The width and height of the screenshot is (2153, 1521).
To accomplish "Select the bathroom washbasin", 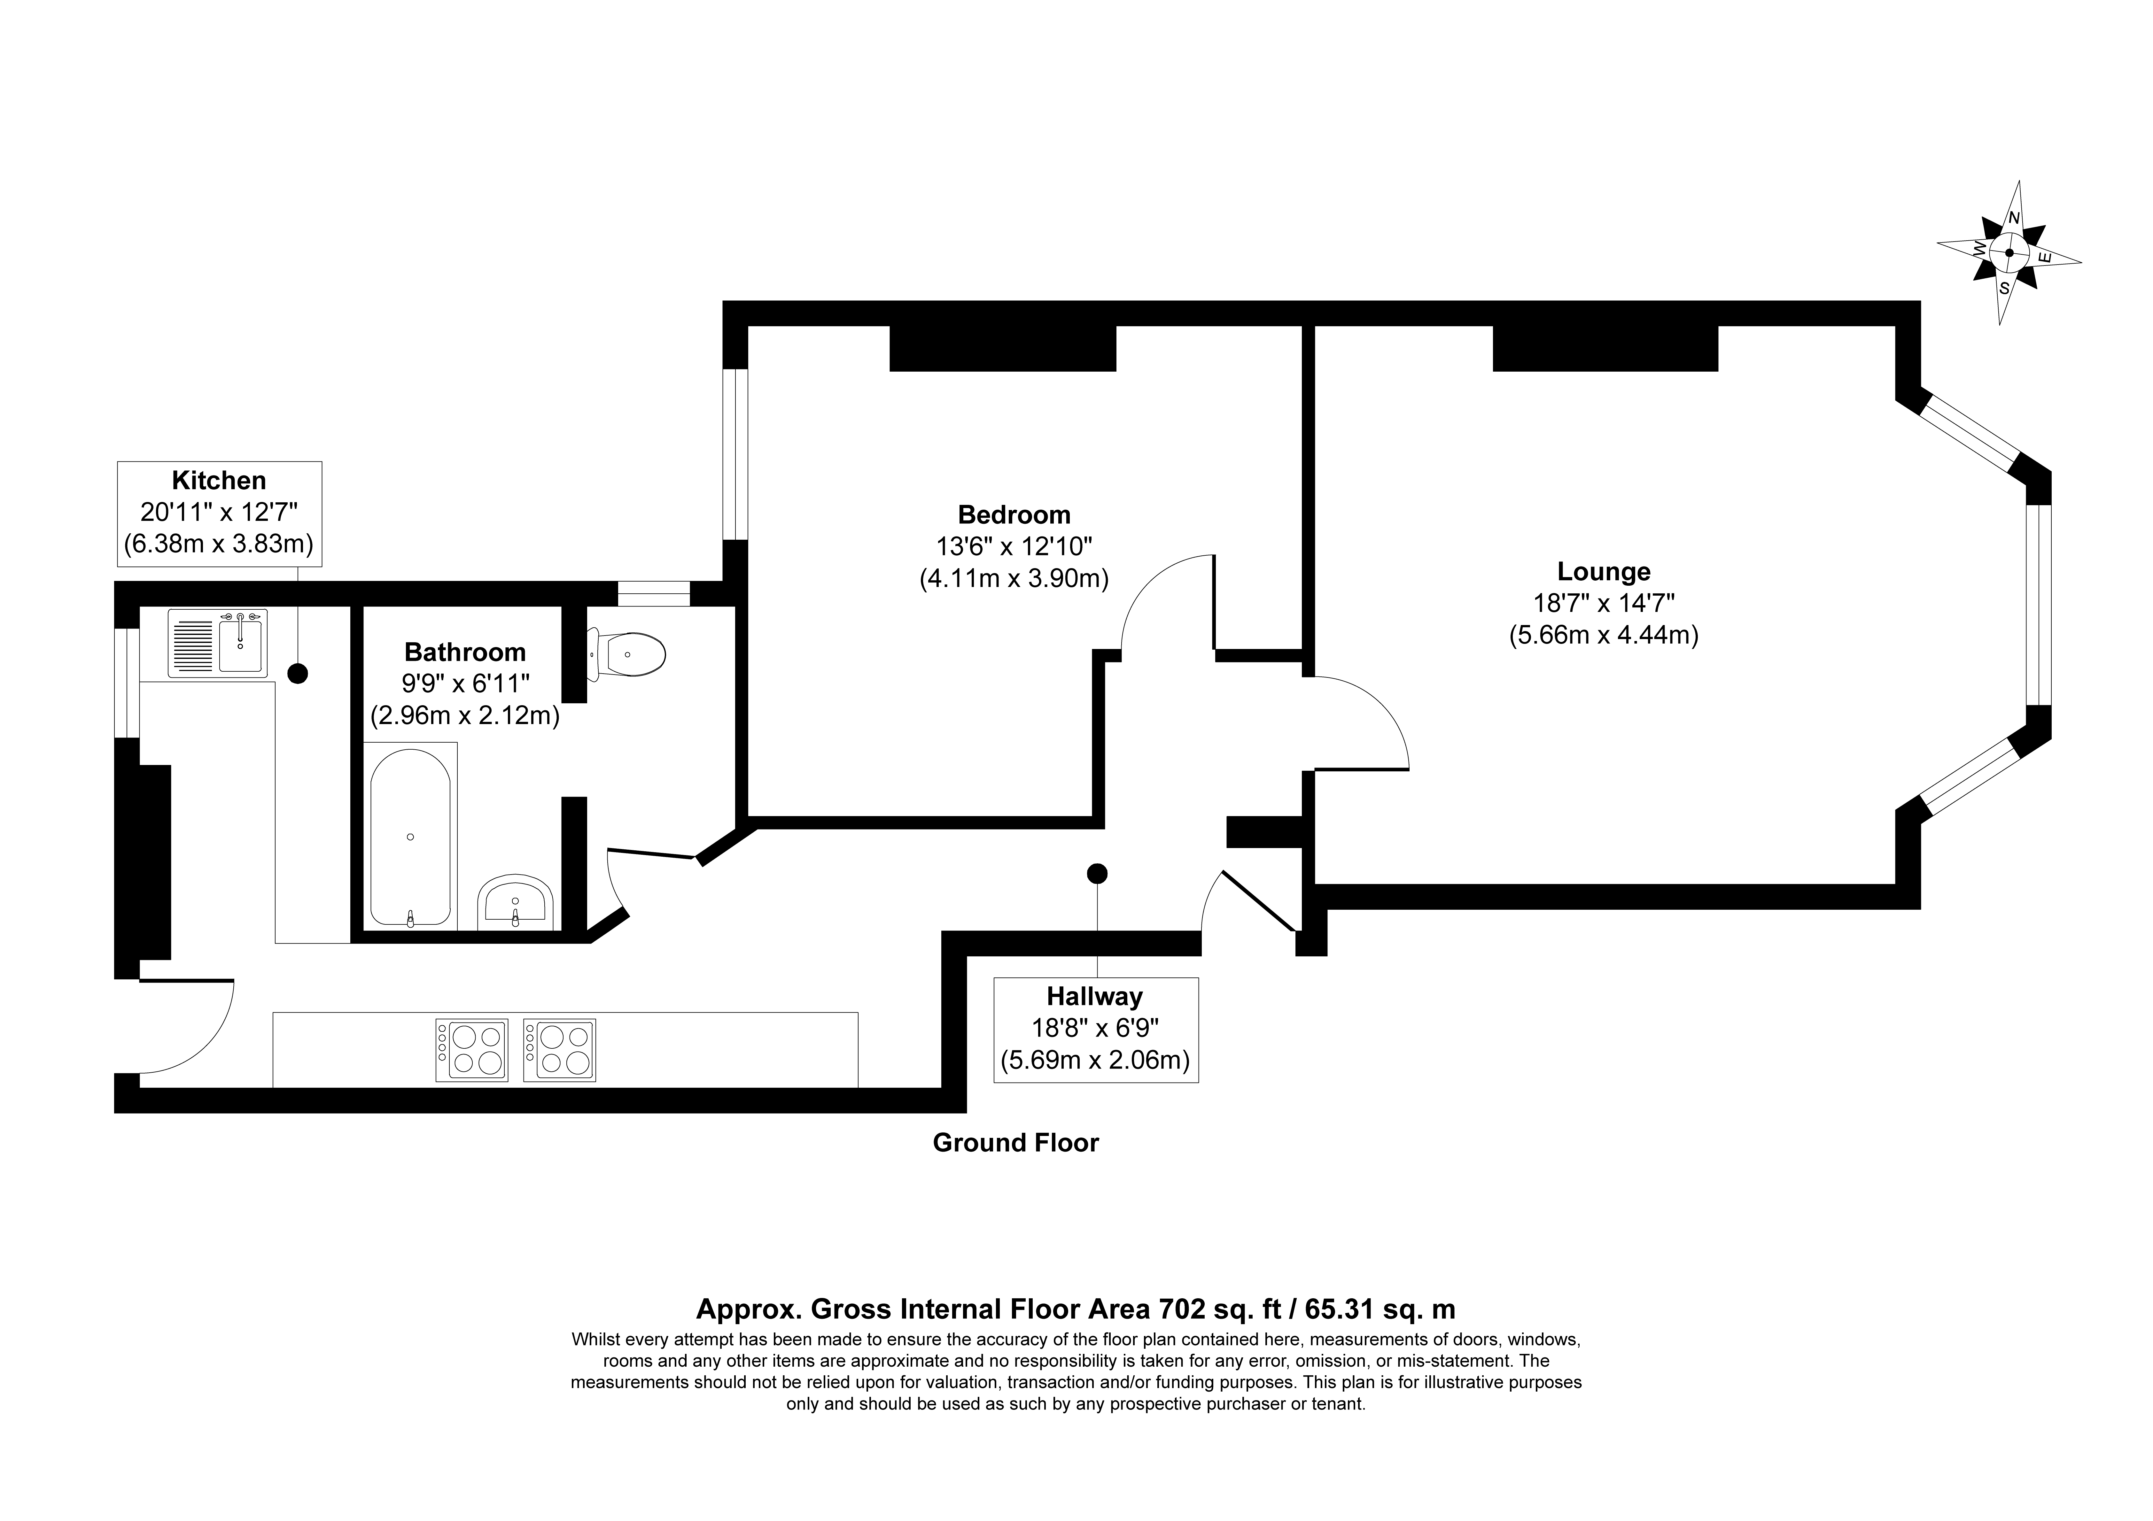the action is [516, 902].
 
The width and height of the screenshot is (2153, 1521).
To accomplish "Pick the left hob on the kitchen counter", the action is [472, 1050].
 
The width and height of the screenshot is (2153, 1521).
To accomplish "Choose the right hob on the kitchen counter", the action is [560, 1050].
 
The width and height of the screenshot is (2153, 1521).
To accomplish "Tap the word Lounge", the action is [1604, 571].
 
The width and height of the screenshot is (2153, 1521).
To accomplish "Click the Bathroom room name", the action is [465, 652].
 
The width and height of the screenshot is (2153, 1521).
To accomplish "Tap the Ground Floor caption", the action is [1015, 1142].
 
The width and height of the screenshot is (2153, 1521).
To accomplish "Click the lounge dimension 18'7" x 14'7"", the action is [1604, 603].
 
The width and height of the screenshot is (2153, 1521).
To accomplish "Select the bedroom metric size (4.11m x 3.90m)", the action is [1014, 579].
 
